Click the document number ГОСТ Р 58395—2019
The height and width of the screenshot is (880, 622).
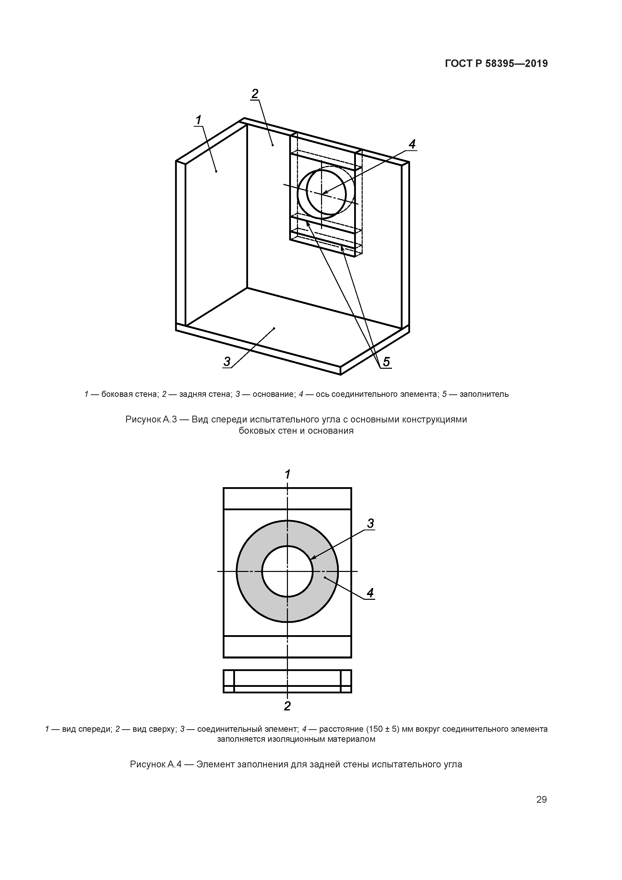click(x=496, y=64)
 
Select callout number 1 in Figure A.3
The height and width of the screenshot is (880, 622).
click(x=199, y=120)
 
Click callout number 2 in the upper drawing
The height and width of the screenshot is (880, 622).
click(x=255, y=94)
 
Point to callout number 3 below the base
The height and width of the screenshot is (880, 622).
click(x=227, y=361)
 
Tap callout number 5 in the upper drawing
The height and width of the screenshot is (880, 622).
click(x=386, y=361)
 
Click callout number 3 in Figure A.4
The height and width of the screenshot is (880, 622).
click(x=370, y=523)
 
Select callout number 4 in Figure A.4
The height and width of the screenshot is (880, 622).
click(x=370, y=593)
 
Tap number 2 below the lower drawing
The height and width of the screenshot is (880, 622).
click(x=287, y=706)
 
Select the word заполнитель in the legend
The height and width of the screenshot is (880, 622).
click(x=484, y=394)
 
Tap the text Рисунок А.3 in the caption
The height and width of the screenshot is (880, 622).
click(x=151, y=419)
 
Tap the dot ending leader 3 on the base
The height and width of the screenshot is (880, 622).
click(x=274, y=328)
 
